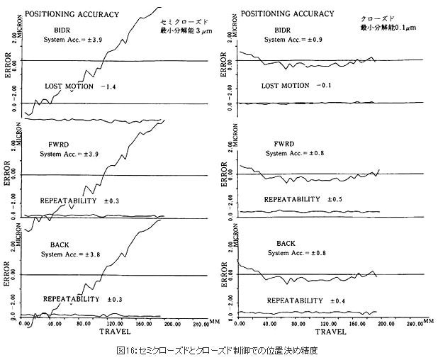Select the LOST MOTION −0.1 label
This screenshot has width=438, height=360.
click(296, 86)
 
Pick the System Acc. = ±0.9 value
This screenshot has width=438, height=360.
click(293, 40)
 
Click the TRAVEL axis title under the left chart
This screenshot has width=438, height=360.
click(113, 331)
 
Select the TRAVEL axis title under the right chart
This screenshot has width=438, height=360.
click(330, 331)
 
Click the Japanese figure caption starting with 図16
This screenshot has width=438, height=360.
click(219, 350)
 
